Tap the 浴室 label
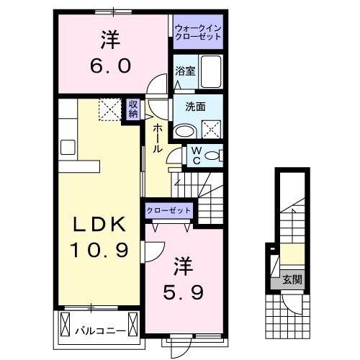coord(185,71)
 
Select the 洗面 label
coord(195,107)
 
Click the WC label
coord(195,156)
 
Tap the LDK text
coord(101,225)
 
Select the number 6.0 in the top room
coord(111,66)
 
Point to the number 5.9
coord(184,292)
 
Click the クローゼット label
coord(169,210)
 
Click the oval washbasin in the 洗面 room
coord(185,131)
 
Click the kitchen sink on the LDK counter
coord(68,148)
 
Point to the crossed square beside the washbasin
coord(212,130)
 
